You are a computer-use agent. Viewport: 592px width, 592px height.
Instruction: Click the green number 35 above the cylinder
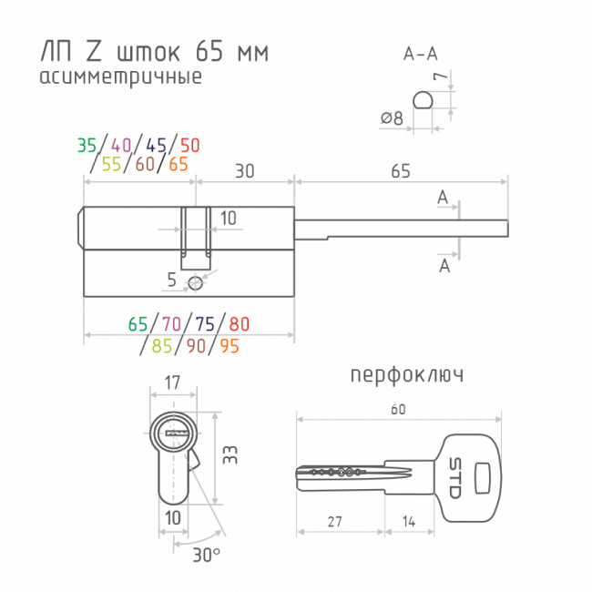pyautogui.click(x=87, y=146)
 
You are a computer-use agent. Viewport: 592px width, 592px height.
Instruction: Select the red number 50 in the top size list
pyautogui.click(x=190, y=146)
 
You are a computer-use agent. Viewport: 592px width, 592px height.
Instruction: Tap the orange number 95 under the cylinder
pyautogui.click(x=230, y=346)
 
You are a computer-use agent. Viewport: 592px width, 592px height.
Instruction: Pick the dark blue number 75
pyautogui.click(x=205, y=324)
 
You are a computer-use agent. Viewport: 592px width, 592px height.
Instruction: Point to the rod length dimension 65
pyautogui.click(x=401, y=171)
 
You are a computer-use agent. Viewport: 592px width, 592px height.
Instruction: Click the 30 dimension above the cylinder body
pyautogui.click(x=245, y=171)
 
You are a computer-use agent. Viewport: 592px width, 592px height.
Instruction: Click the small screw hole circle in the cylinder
pyautogui.click(x=195, y=282)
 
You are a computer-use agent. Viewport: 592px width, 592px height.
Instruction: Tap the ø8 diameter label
pyautogui.click(x=392, y=118)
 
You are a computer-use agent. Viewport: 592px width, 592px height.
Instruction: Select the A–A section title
pyautogui.click(x=421, y=54)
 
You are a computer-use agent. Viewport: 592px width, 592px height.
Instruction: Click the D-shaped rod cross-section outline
pyautogui.click(x=423, y=100)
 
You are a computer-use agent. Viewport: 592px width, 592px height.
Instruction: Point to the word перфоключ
pyautogui.click(x=407, y=375)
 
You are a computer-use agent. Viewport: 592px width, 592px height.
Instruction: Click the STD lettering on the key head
pyautogui.click(x=455, y=478)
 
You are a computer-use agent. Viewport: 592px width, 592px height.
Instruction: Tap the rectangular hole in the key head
pyautogui.click(x=482, y=478)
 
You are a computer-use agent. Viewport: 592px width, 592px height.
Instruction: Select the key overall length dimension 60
pyautogui.click(x=398, y=410)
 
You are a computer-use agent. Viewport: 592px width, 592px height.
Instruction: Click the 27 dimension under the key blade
pyautogui.click(x=335, y=522)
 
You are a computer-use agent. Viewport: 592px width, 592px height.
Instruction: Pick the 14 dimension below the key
pyautogui.click(x=409, y=522)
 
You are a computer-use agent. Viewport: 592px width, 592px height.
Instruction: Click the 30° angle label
pyautogui.click(x=207, y=555)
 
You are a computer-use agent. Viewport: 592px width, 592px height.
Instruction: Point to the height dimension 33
pyautogui.click(x=230, y=454)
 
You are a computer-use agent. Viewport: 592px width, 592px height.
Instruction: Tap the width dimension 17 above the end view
pyautogui.click(x=172, y=383)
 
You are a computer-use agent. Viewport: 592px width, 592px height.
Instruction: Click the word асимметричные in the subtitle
pyautogui.click(x=121, y=77)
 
